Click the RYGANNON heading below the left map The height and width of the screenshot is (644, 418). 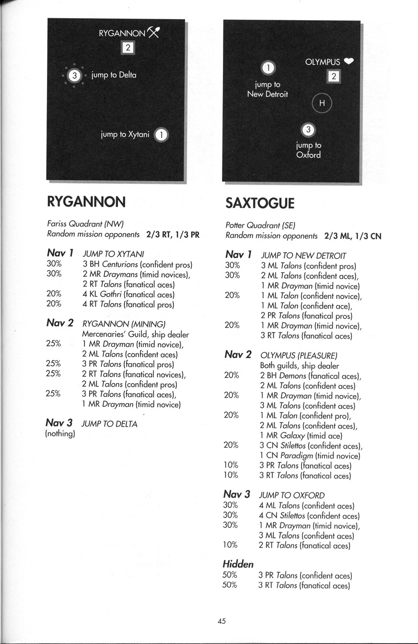click(86, 202)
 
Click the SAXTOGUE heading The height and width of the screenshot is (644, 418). click(260, 203)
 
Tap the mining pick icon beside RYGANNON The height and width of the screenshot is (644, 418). click(153, 32)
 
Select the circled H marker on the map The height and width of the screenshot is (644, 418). click(322, 103)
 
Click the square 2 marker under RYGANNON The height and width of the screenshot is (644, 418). click(128, 47)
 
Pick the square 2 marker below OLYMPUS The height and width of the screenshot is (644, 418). click(334, 76)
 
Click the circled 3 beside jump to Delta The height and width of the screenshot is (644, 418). click(74, 75)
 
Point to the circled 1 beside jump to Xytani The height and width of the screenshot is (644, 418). click(162, 136)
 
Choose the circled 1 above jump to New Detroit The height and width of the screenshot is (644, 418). click(268, 68)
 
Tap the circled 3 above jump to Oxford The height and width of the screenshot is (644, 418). click(308, 130)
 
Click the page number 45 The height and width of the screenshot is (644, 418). click(221, 621)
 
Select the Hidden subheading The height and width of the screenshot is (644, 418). click(238, 564)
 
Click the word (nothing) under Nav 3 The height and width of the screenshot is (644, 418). click(60, 434)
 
